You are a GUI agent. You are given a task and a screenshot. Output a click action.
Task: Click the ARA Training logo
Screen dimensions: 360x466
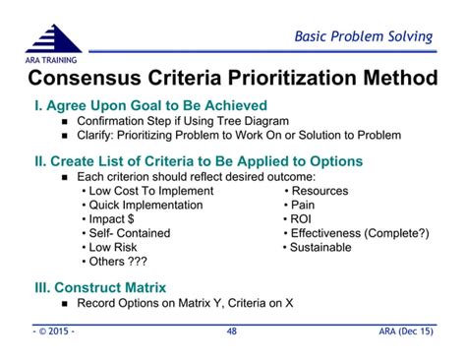(54, 40)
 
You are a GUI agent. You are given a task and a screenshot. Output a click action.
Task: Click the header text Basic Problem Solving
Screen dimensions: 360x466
(364, 36)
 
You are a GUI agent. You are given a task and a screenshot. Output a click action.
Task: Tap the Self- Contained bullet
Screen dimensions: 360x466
(128, 233)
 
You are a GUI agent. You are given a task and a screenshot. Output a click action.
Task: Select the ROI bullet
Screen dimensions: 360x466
(302, 219)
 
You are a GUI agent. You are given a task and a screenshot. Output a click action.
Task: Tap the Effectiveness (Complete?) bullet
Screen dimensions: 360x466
(359, 233)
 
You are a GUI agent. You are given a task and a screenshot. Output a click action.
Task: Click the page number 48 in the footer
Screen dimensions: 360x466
(232, 332)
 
